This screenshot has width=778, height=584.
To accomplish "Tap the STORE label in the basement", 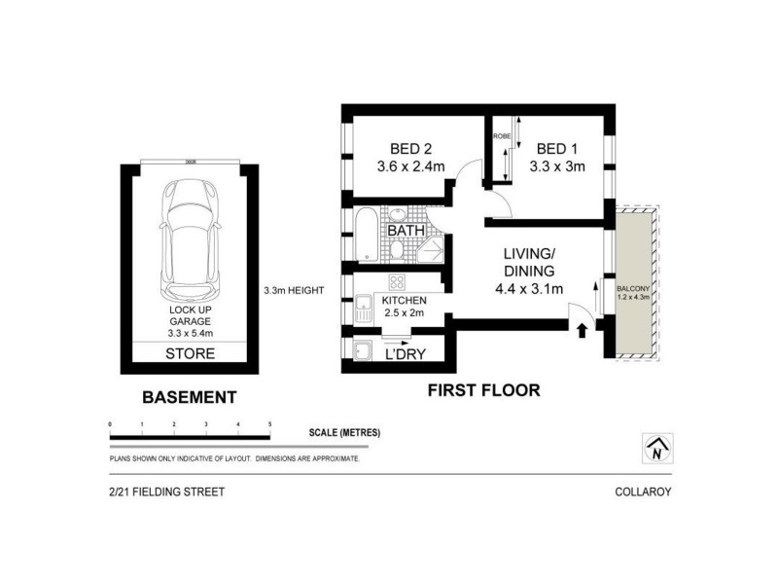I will coord(191,353).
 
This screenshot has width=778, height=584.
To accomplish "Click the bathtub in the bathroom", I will coord(367,235).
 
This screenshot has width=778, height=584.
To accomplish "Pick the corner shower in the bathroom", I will coord(430,250).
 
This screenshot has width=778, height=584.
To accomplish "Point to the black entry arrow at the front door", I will coord(582,331).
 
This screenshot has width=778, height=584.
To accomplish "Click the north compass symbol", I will coord(657,449).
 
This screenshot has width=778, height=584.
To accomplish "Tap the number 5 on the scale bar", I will coord(268,425).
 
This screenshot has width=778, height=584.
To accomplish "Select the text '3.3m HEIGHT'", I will coord(293,290).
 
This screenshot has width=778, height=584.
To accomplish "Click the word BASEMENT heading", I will coord(189,397).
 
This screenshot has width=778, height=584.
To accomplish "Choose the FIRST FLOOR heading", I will coord(483,391).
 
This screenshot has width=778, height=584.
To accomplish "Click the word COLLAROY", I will coord(643,493).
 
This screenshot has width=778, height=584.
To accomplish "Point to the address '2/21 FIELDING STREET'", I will coord(166,493).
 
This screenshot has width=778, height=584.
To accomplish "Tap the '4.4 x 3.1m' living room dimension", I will coord(528,288).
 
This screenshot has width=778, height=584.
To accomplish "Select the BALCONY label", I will coord(633,289).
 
